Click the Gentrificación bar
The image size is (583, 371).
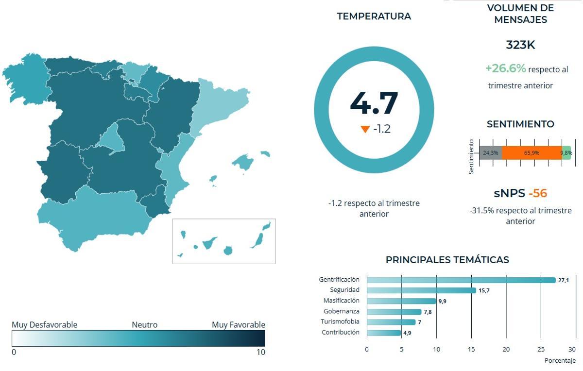click(461, 280)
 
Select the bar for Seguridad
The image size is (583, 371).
click(421, 290)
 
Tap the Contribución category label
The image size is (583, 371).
click(341, 333)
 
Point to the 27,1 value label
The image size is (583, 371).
click(564, 280)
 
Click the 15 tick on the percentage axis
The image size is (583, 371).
click(471, 349)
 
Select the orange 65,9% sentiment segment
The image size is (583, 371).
click(532, 153)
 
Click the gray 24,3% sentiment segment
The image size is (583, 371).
click(490, 153)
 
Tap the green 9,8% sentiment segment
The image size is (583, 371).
click(566, 153)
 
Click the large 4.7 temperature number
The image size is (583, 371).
click(374, 103)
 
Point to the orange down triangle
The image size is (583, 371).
click(365, 130)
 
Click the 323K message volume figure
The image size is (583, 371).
click(520, 45)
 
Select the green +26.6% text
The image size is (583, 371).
click(505, 68)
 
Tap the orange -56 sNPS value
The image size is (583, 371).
click(538, 193)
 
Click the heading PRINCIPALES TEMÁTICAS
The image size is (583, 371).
click(447, 260)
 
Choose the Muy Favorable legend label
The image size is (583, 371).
click(239, 325)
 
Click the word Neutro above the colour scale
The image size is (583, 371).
click(144, 325)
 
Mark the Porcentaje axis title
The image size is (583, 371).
click(560, 361)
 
